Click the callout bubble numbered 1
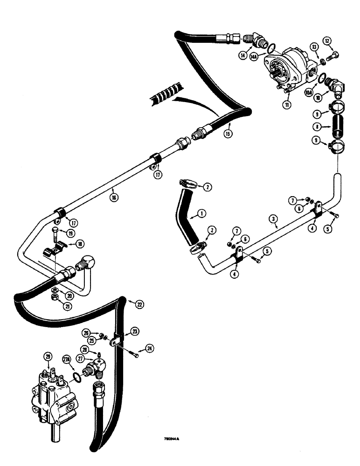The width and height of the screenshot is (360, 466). [201, 213]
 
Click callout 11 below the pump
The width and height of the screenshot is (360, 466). [286, 105]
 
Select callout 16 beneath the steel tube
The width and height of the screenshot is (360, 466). [114, 197]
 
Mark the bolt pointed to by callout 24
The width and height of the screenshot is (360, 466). [135, 356]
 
